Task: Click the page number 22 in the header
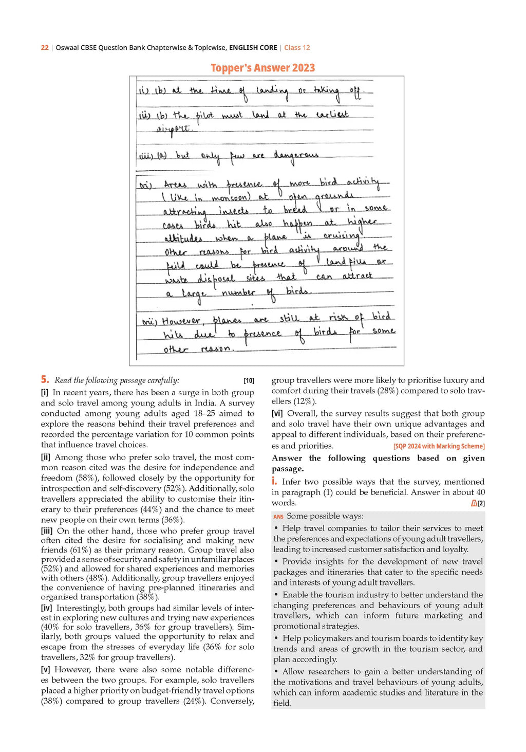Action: point(45,48)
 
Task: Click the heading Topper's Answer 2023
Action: point(262,68)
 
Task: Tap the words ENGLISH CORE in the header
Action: point(253,48)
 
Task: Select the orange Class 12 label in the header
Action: point(297,48)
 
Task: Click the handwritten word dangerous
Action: point(296,156)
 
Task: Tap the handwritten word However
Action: point(181,321)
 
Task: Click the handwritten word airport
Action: point(173,129)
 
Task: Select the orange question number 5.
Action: point(45,380)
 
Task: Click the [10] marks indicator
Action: point(249,380)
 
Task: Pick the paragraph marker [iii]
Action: point(47,531)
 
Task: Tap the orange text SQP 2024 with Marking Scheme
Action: point(439,446)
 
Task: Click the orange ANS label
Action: point(278,517)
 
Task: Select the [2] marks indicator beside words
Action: point(481,503)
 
